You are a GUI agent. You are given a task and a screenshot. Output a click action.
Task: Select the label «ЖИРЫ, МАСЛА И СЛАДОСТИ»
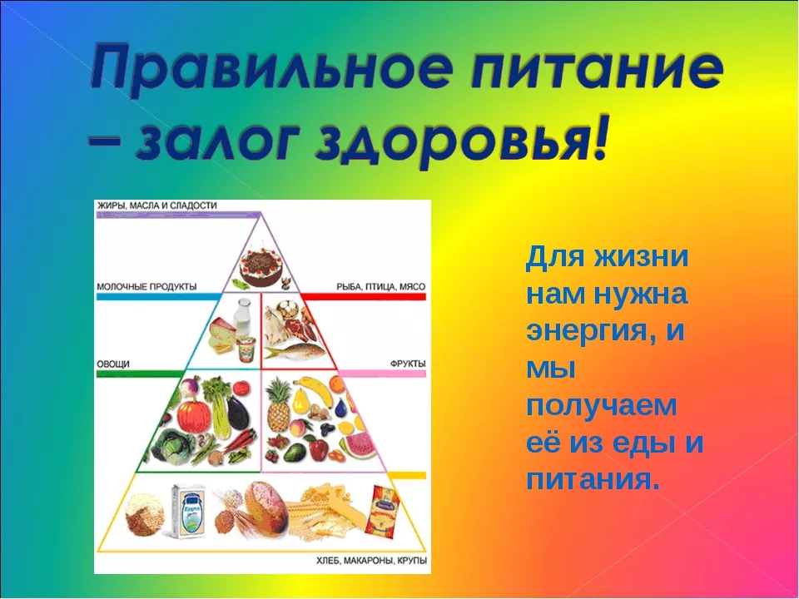point(157,205)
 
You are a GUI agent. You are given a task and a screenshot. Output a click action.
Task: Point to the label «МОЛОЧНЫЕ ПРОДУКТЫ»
point(146,287)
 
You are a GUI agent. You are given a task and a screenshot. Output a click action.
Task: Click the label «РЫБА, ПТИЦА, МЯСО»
point(380,287)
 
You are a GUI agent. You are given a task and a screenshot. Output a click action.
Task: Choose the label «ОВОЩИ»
point(113,364)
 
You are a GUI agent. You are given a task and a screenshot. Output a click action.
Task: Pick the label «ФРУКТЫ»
point(408,364)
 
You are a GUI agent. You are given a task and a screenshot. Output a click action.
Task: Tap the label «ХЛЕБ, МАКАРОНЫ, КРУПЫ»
point(371,561)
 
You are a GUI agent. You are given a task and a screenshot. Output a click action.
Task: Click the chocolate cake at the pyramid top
point(261,266)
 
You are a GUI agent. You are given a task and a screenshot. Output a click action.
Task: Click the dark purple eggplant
point(237,413)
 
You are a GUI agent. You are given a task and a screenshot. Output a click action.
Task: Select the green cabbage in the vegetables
point(173,446)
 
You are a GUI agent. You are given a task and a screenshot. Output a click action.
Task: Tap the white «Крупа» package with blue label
point(188,511)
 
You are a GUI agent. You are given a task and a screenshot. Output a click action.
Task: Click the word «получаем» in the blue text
point(602,406)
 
